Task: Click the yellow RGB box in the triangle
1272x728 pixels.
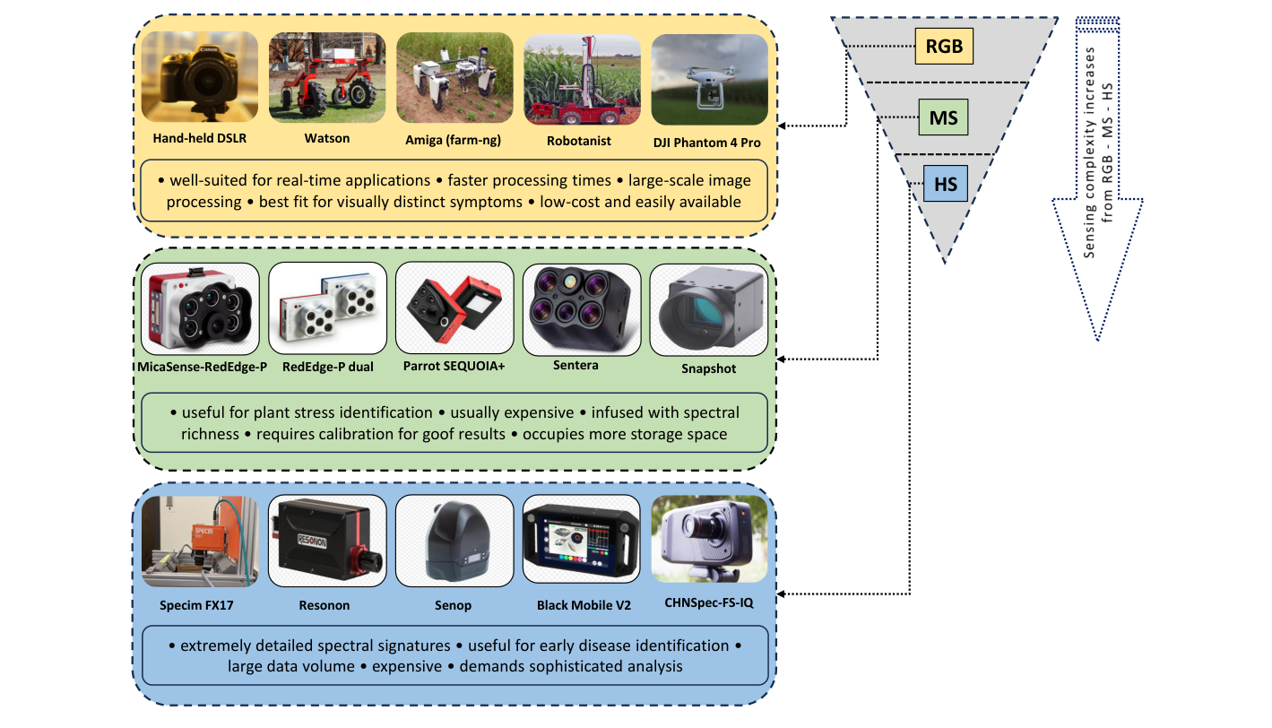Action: click(x=944, y=46)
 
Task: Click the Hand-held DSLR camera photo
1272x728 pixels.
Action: click(x=200, y=78)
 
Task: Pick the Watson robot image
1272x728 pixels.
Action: click(x=327, y=78)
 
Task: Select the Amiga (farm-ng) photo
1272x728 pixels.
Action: click(x=454, y=78)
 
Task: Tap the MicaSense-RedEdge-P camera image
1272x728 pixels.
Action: click(x=201, y=308)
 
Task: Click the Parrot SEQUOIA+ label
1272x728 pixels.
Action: click(x=454, y=366)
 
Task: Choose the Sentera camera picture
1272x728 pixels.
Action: click(x=582, y=308)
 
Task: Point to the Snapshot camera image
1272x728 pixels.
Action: click(x=708, y=308)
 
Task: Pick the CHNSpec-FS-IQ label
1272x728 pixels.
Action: click(x=709, y=602)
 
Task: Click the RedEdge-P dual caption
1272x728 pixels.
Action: click(x=327, y=366)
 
